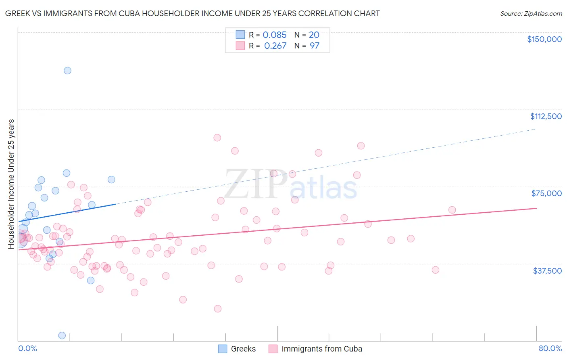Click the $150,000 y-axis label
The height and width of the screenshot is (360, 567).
coord(544,39)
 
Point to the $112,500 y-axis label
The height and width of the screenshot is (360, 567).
coord(546,116)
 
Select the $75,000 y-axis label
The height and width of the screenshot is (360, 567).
coord(546,193)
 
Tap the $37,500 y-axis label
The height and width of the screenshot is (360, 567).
coord(547,271)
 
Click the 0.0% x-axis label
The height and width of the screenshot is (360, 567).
coord(27,349)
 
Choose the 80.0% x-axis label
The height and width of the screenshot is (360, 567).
coord(550,349)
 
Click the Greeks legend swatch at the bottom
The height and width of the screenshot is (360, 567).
coord(223,349)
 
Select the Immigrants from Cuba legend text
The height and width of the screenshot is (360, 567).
coord(322,349)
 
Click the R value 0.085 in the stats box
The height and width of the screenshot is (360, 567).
coord(275,35)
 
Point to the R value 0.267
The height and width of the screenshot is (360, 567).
coord(275,46)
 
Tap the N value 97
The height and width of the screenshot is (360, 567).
coord(315,46)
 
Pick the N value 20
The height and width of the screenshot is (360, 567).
coord(314,35)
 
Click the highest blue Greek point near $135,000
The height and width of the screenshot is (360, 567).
coord(67,71)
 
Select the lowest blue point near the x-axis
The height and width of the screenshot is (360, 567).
coord(62,335)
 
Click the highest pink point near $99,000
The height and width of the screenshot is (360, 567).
coord(217,138)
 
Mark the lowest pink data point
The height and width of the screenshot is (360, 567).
coord(218,309)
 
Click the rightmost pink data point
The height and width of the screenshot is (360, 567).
coord(452,210)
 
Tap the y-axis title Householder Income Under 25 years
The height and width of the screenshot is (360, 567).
coord(11,184)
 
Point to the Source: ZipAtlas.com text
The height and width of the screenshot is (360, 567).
coord(531,14)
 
